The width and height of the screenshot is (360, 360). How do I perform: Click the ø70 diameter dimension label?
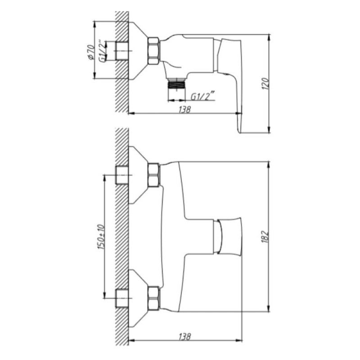coord(91,52)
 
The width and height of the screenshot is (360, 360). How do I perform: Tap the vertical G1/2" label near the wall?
coord(103,51)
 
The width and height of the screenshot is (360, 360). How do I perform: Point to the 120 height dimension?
coord(265,84)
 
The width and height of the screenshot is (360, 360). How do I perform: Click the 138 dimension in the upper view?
coord(185,109)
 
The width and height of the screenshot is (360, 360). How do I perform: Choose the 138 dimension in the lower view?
coord(185,337)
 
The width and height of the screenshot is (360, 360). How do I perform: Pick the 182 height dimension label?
coord(265,237)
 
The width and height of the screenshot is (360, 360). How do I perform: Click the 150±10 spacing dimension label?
coord(101,237)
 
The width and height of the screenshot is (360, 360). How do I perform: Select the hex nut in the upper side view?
coord(153,51)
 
